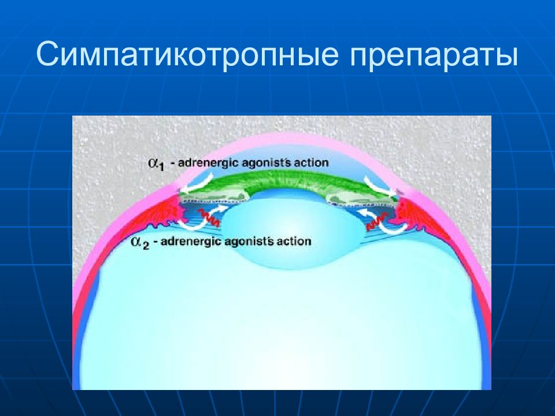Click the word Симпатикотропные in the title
[x=187, y=54]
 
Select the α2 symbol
[x=140, y=243]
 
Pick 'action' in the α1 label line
[x=312, y=162]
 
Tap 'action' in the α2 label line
[x=294, y=242]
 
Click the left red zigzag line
[x=209, y=217]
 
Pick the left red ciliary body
[x=166, y=209]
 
